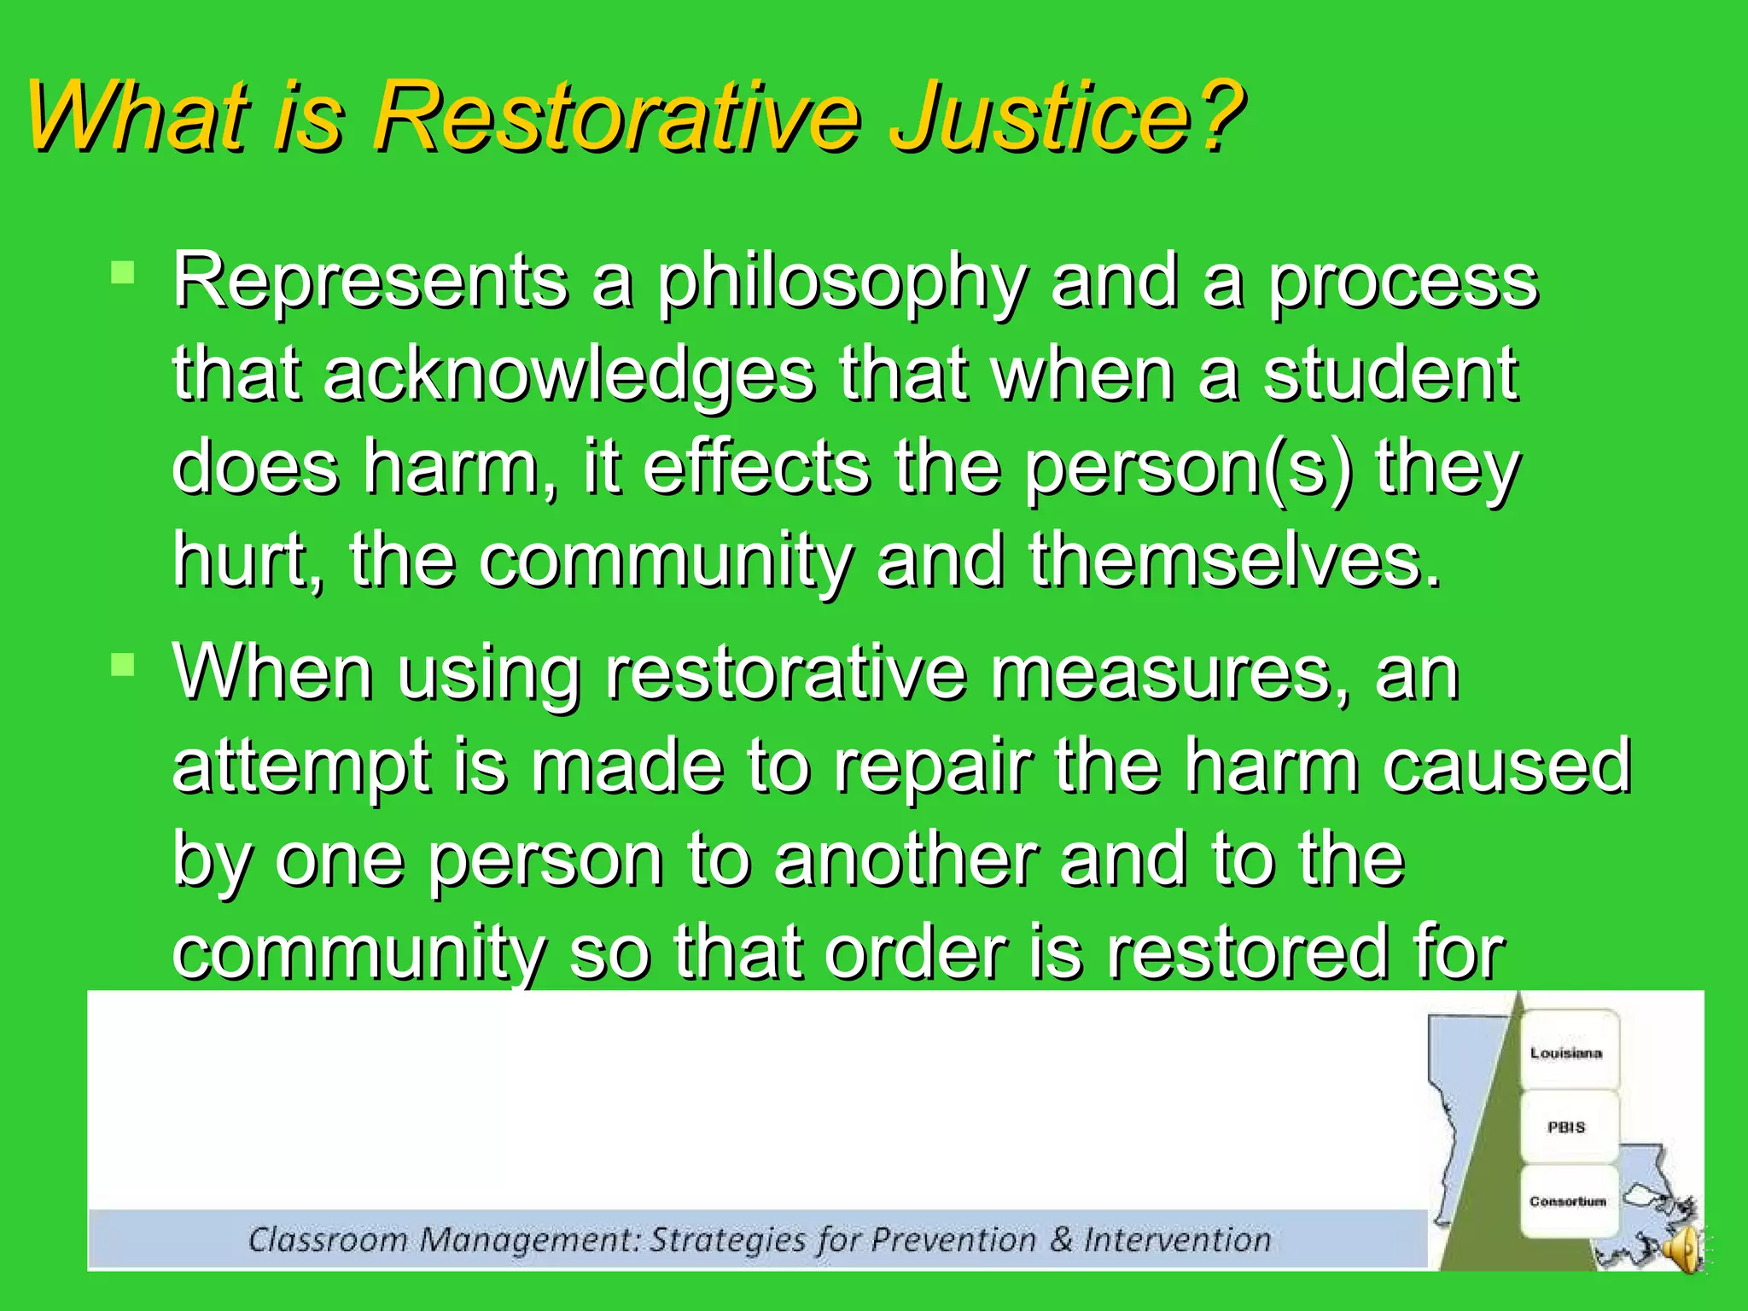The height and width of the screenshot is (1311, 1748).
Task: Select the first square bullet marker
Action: click(123, 273)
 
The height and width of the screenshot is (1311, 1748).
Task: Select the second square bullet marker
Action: click(123, 665)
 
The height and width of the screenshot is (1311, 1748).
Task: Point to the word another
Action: click(906, 860)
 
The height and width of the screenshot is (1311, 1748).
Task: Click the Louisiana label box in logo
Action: click(1566, 1052)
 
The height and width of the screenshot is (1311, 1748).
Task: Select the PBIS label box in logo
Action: click(1566, 1127)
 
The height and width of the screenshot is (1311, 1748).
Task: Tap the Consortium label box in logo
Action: click(1567, 1201)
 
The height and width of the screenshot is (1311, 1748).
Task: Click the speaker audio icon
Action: click(1685, 1250)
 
